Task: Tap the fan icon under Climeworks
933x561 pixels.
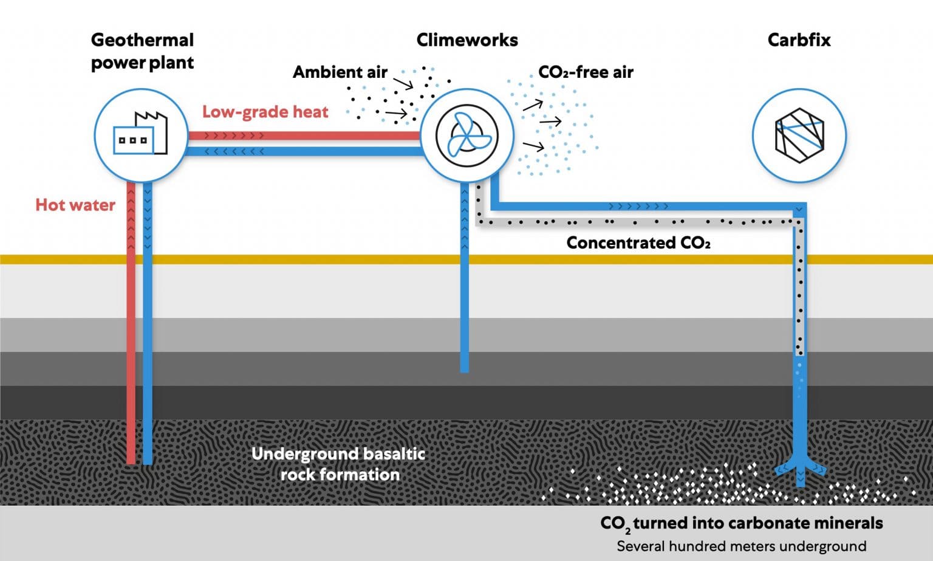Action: coord(466,135)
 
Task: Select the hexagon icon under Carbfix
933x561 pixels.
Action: coord(799,135)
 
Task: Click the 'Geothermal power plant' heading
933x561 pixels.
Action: coord(142,51)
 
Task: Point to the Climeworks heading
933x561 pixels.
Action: coord(466,40)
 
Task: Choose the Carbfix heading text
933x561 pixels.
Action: coord(799,40)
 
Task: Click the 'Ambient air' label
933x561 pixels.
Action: coord(340,72)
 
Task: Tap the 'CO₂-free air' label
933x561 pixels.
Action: coord(586,72)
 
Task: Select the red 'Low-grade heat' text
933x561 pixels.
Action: coord(265,112)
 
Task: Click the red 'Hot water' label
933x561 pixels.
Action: coord(75,205)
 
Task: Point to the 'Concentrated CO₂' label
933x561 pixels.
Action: coord(638,243)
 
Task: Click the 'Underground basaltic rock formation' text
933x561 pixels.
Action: coord(339,464)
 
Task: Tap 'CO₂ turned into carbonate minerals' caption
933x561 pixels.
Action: coord(741,523)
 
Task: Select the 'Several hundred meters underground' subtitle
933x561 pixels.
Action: coord(741,546)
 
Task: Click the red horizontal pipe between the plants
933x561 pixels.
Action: coord(304,136)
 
